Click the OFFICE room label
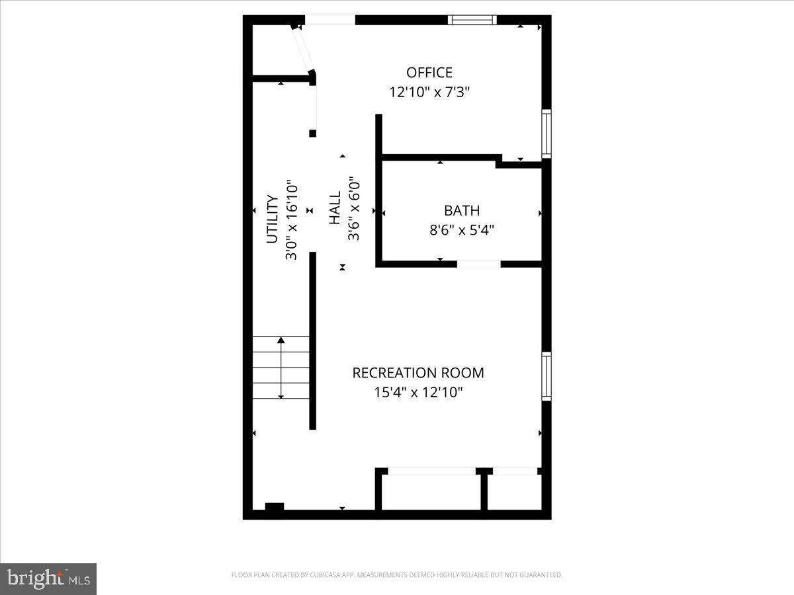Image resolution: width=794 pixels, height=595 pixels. coord(429,73)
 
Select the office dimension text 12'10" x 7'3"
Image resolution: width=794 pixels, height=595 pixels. coord(429,93)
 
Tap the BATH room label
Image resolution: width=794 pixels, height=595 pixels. coord(461,211)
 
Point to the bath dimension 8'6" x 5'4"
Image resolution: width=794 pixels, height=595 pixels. coord(461,230)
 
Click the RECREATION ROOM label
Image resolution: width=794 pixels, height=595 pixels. coord(418,373)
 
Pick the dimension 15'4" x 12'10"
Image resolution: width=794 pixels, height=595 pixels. coord(418,393)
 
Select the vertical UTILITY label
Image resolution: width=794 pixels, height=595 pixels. coord(271,219)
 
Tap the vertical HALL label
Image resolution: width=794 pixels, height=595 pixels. coord(335,208)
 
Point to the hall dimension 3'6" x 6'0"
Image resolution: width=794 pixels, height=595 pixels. coord(354,208)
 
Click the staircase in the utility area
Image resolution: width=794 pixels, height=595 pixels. coord(281,368)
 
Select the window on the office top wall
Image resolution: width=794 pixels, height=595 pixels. coord(472,20)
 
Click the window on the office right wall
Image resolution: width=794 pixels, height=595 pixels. coord(547,134)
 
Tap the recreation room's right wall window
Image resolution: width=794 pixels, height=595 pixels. coord(547,376)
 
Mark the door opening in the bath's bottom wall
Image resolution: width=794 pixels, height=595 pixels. coord(478,264)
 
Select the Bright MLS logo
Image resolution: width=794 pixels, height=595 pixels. coord(48,578)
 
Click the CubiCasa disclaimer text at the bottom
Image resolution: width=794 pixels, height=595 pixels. coord(396,575)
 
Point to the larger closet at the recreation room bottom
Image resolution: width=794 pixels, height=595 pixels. coord(431,491)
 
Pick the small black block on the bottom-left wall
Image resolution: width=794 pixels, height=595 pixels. coord(274,507)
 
